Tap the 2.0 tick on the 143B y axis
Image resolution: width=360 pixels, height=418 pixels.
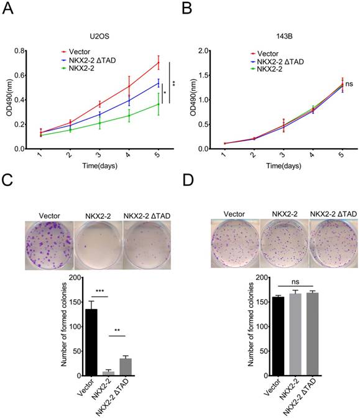tap(203, 50)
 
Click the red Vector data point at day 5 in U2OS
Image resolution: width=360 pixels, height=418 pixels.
tap(158, 62)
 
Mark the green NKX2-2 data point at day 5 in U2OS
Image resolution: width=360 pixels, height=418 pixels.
tap(158, 104)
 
